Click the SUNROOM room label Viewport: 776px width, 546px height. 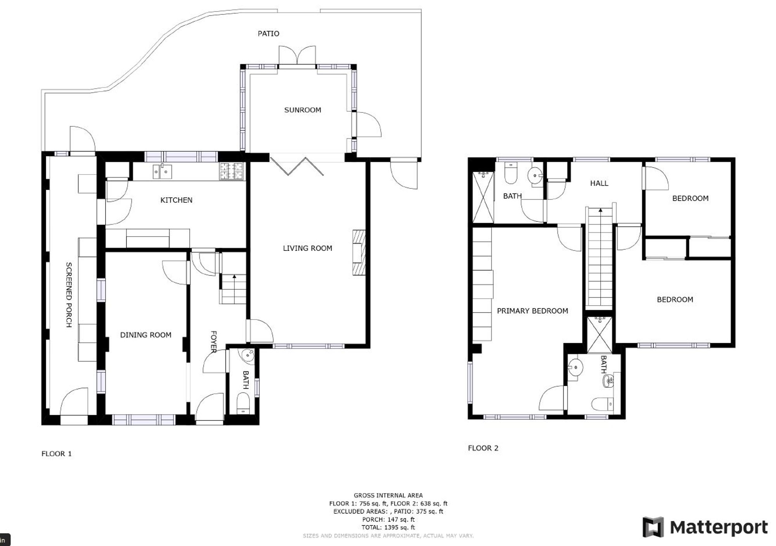coord(302,110)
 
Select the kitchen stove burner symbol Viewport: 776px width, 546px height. coord(232,171)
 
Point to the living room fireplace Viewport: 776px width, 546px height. coord(359,253)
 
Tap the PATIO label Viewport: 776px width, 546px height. coord(268,34)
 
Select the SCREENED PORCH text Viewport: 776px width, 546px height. coord(69,295)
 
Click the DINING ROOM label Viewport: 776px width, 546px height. coord(145,335)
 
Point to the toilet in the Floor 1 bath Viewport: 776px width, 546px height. coord(243,403)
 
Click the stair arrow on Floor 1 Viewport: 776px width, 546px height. coord(234,277)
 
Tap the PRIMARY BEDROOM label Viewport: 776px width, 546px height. coord(532,311)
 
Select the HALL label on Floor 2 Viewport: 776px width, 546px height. coord(599,183)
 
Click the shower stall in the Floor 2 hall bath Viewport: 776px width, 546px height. coord(483,197)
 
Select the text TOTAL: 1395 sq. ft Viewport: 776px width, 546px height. coord(388,527)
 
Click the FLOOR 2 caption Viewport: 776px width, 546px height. coord(483,448)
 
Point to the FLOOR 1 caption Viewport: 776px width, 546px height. coord(57,454)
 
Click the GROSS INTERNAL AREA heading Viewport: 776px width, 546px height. coord(388,495)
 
